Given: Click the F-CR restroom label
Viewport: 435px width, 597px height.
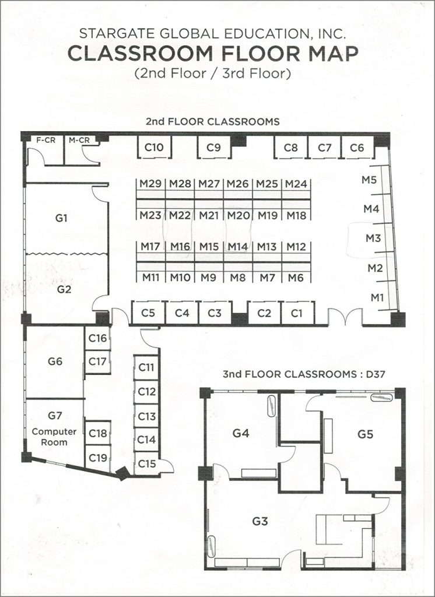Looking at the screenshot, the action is tap(45, 140).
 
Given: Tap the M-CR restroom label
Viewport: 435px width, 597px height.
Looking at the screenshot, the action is tap(79, 140).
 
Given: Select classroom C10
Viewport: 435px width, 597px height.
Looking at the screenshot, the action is tap(154, 147).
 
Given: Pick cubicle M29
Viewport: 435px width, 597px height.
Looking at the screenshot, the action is tap(150, 184).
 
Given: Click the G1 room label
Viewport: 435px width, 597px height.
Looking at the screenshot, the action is tap(61, 218).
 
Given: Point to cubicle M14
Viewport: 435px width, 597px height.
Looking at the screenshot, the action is tap(238, 247).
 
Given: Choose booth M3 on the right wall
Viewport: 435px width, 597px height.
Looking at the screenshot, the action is tap(373, 238).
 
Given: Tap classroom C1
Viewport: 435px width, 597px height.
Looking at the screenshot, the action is tap(296, 313).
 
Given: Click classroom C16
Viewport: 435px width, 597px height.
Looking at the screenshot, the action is tap(97, 338).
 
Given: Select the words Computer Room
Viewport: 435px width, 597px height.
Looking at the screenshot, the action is tap(54, 437).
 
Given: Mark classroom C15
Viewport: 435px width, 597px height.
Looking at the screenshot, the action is tap(146, 463).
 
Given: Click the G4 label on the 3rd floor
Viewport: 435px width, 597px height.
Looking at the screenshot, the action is tap(241, 433).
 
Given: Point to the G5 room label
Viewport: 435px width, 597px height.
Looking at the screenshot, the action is tap(365, 434).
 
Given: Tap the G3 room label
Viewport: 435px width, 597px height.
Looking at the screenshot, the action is tap(260, 521).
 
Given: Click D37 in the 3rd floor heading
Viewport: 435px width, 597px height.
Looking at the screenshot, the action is tap(375, 374).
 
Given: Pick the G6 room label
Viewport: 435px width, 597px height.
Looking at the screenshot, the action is tap(55, 361).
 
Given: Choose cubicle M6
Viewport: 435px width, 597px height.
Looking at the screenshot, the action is tap(296, 278).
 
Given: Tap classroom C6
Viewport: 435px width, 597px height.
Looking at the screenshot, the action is tap(357, 148).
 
